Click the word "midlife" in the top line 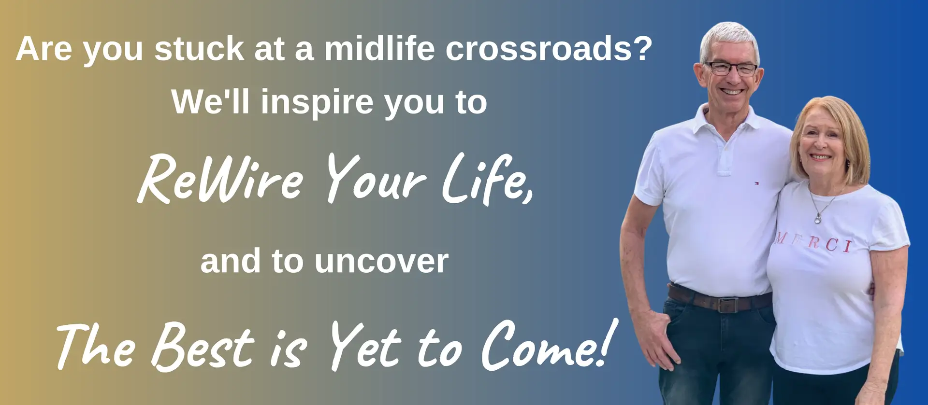click(x=379, y=48)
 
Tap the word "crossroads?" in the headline click(x=549, y=49)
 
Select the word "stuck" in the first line click(x=199, y=49)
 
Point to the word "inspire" click(x=317, y=103)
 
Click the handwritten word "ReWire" click(x=220, y=179)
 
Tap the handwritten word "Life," click(x=488, y=179)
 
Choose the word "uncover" click(x=381, y=262)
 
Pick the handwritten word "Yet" click(x=365, y=346)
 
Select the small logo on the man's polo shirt click(x=756, y=183)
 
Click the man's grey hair click(x=729, y=39)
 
